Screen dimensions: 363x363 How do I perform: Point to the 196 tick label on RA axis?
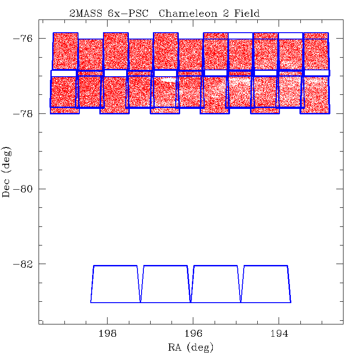pos(193,334)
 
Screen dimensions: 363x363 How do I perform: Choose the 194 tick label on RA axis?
pos(279,334)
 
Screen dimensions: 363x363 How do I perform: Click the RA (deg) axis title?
pos(191,348)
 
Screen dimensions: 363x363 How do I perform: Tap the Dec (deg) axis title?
pos(7,173)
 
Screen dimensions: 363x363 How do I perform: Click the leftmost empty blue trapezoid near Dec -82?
pos(115,284)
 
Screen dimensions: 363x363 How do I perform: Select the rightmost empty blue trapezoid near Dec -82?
pos(265,284)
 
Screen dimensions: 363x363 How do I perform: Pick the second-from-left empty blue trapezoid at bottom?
pos(166,284)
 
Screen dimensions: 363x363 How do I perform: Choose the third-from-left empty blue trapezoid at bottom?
pos(216,284)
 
